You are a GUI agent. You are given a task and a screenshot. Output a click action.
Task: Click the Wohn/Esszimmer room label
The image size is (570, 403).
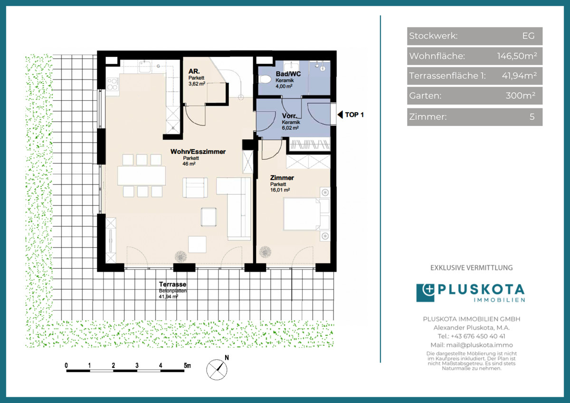pos(198,152)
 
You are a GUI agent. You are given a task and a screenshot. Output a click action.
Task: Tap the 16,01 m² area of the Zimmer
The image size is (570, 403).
pos(280,190)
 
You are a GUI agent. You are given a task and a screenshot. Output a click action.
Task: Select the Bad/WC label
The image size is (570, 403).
pos(288,74)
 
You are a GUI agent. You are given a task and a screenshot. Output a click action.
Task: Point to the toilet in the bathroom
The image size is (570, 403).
pos(265,79)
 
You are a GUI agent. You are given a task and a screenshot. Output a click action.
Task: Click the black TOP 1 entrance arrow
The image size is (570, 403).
pos(340,115)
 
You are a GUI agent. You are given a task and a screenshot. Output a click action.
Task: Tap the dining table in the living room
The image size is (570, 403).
pos(142,175)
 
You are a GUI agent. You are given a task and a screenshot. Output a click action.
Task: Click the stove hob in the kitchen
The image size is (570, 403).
pos(112,84)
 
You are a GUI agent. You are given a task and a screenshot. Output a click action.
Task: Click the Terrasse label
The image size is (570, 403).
pos(172,284)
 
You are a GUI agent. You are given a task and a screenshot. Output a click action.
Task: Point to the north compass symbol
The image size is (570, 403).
pos(217,369)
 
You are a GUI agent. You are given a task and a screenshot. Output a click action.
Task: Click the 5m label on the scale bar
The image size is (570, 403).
pos(187,365)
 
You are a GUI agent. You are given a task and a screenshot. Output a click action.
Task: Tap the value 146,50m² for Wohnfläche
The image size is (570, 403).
pos(517,56)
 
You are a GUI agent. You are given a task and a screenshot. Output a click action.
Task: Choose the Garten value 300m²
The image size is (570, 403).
pos(521,96)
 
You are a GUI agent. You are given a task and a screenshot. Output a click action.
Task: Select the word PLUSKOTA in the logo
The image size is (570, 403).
pos(481,289)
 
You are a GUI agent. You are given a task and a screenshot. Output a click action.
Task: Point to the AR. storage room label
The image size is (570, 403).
pos(194,71)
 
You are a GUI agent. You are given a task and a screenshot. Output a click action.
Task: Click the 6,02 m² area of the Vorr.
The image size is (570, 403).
pos(290,128)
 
